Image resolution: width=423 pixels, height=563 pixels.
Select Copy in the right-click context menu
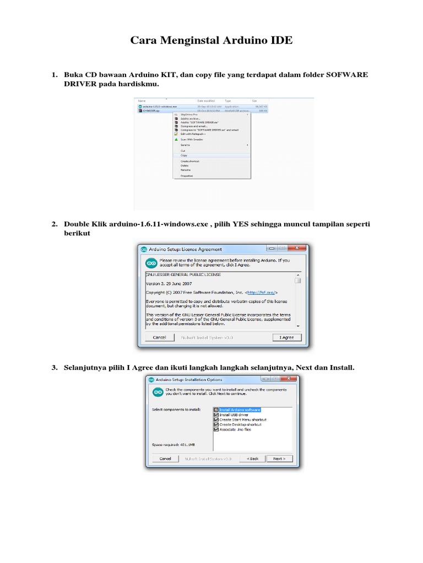184,155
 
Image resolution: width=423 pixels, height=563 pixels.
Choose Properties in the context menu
187,175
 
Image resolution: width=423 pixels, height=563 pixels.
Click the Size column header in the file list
254,101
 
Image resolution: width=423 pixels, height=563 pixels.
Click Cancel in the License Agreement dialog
160,337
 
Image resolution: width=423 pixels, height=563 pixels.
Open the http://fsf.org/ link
261,292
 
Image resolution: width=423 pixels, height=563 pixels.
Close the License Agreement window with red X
296,249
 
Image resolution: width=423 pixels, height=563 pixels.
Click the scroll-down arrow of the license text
298,325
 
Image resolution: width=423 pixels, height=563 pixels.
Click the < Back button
253,458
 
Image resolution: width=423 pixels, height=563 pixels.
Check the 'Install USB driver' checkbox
216,415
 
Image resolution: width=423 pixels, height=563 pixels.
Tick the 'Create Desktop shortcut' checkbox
216,424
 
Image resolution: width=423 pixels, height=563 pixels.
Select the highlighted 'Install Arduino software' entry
240,410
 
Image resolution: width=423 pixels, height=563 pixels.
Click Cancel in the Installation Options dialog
165,458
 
